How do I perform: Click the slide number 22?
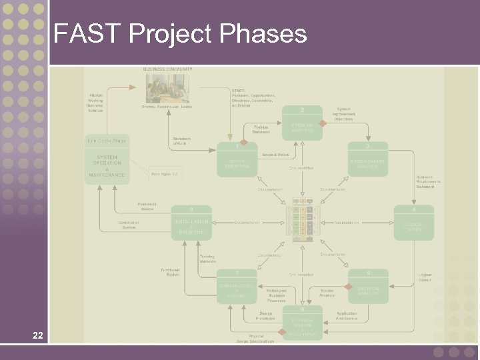[x=38, y=335]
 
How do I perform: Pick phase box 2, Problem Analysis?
[x=303, y=126]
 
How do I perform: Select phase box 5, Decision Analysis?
[x=367, y=287]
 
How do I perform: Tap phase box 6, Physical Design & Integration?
[x=303, y=323]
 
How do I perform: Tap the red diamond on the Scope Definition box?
[x=244, y=142]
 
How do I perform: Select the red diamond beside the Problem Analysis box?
[x=322, y=123]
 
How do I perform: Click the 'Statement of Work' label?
[x=181, y=141]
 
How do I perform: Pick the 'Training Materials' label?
[x=208, y=258]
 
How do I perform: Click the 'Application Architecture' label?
[x=347, y=316]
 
